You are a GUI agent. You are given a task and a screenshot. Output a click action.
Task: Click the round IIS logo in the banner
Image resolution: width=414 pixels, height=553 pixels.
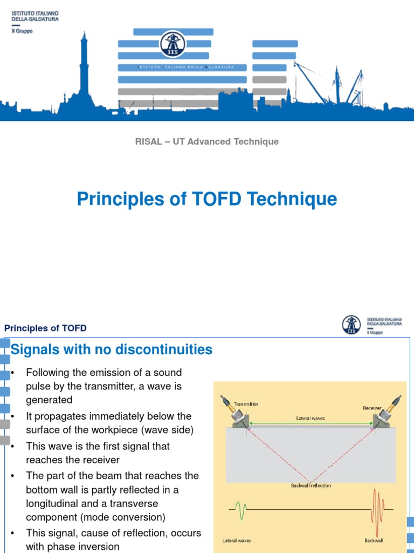tap(172, 44)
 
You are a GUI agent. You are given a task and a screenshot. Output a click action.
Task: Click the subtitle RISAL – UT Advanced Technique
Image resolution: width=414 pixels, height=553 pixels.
tap(206, 141)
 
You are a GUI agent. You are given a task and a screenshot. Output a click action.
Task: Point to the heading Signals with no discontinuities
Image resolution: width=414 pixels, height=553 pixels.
tap(112, 350)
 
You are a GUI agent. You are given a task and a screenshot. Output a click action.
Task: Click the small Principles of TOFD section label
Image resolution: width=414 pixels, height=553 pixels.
tap(45, 328)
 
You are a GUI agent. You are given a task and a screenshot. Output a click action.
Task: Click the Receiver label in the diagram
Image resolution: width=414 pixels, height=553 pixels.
tap(372, 408)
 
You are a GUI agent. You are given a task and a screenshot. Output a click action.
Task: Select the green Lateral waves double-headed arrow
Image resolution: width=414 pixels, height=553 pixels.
tap(310, 424)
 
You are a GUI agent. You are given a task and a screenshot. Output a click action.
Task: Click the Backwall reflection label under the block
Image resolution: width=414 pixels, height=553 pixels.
tap(311, 485)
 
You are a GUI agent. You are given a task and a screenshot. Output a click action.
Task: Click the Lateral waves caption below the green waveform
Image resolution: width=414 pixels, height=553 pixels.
tap(237, 540)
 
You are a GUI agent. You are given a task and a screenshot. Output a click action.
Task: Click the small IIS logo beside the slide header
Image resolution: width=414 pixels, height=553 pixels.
tap(351, 325)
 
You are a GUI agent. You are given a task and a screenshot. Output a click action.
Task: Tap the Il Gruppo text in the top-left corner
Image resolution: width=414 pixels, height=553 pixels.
tap(22, 31)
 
